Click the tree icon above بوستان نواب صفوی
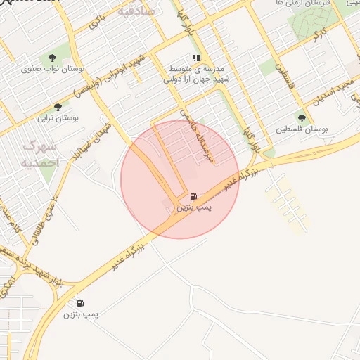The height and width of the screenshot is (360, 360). pyautogui.click(x=52, y=58)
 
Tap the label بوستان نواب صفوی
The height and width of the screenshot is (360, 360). pyautogui.click(x=47, y=70)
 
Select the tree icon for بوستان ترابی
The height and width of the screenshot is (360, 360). pyautogui.click(x=58, y=107)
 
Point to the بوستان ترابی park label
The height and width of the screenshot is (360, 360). pyautogui.click(x=61, y=119)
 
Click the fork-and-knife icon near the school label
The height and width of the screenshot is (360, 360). pyautogui.click(x=196, y=58)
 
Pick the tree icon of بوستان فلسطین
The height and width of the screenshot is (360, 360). pyautogui.click(x=302, y=118)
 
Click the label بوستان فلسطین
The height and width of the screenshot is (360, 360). pyautogui.click(x=302, y=130)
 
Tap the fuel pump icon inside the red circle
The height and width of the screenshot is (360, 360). pyautogui.click(x=193, y=196)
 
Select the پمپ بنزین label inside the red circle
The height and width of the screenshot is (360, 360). pyautogui.click(x=193, y=208)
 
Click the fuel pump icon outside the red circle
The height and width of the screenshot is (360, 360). pyautogui.click(x=80, y=303)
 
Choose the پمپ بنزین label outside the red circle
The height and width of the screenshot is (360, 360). pyautogui.click(x=79, y=314)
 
